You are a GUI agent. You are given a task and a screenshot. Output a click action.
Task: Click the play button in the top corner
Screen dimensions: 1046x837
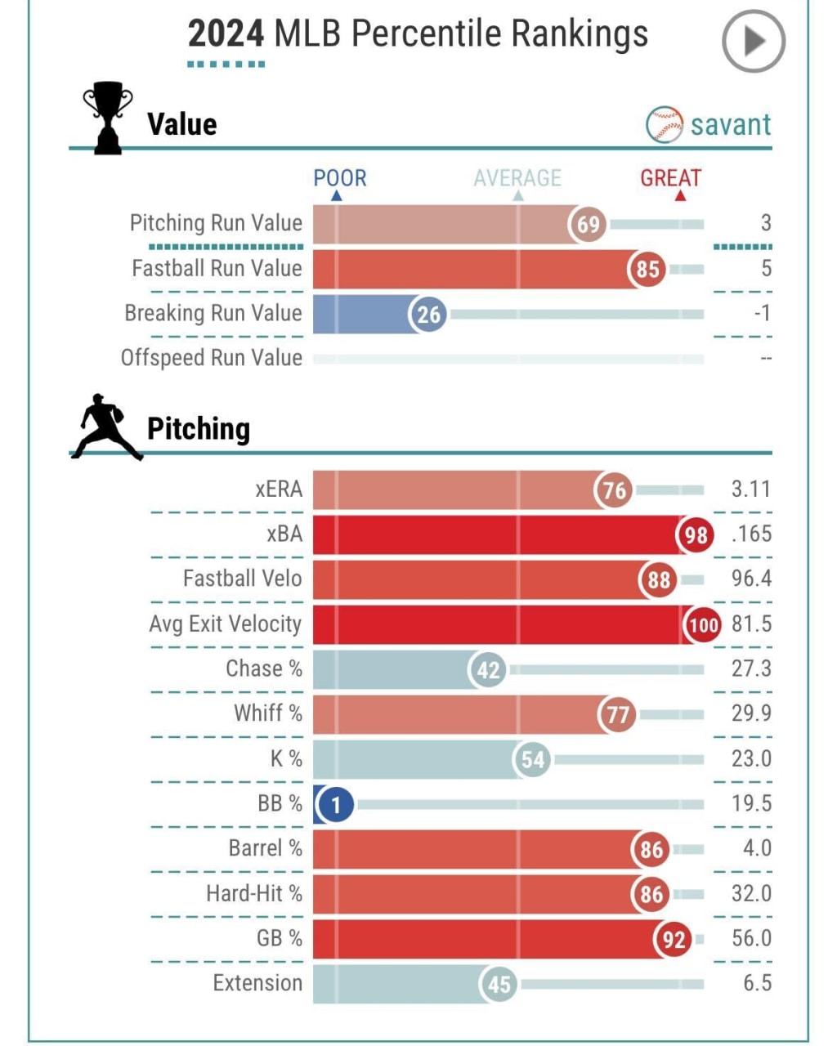753,41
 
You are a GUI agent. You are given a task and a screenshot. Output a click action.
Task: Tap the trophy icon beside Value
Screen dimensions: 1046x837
108,118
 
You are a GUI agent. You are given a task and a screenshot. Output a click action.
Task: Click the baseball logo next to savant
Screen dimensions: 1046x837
664,125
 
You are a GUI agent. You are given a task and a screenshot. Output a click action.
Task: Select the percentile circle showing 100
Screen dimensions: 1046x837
703,626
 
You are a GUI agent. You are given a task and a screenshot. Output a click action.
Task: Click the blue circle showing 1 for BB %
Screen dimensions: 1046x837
335,805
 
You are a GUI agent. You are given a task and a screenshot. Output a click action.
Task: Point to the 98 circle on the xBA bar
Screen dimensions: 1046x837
696,535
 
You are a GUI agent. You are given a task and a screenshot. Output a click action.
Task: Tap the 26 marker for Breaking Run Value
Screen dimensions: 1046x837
428,315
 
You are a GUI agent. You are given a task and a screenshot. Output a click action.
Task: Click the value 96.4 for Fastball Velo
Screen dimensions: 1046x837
750,579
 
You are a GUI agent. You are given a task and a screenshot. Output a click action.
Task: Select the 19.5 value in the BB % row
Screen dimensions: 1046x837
750,803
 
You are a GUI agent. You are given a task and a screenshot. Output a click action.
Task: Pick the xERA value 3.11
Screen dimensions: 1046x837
750,489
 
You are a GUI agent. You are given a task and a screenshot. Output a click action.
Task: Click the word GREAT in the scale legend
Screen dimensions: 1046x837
670,178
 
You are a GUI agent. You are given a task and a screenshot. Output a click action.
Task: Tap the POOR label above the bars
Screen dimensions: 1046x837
340,178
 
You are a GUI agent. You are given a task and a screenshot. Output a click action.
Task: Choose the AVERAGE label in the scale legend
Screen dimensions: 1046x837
517,178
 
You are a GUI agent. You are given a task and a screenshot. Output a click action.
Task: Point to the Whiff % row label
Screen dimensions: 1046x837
268,713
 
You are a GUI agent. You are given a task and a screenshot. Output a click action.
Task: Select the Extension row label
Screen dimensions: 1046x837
257,983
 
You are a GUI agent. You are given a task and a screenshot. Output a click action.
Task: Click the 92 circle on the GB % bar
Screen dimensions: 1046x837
673,940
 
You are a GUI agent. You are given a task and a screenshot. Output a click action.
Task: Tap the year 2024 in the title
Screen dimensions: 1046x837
226,34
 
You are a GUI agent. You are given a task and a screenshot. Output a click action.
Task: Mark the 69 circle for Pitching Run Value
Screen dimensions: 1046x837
588,224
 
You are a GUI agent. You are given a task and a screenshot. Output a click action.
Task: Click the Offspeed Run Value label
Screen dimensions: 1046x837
212,358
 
